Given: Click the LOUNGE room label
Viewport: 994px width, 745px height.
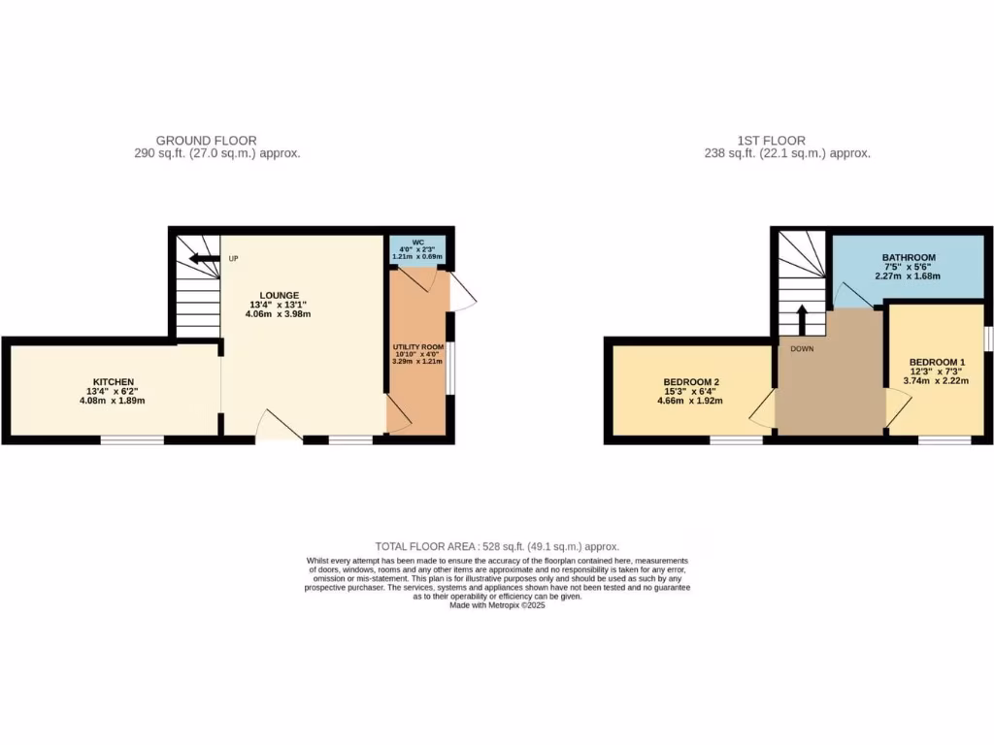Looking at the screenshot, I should point(279,295).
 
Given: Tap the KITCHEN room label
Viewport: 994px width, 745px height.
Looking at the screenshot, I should point(114,381).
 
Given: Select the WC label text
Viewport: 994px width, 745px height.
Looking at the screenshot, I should point(417,243).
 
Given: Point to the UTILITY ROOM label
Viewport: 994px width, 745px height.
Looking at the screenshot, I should point(418,346).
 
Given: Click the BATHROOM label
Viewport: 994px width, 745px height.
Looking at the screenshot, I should point(909,258).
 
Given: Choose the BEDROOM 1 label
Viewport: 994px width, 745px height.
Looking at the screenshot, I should point(937,362).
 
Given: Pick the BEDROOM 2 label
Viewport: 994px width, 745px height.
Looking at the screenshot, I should point(690,381).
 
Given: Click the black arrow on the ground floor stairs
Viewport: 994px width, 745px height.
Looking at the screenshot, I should point(204,259).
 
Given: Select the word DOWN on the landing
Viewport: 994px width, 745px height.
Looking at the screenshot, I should point(802,348).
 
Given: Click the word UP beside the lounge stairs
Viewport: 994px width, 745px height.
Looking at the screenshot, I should point(233,259).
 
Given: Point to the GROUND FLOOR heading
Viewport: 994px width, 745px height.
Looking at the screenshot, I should point(206,141).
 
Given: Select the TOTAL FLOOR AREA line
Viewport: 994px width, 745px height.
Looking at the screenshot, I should point(497,547).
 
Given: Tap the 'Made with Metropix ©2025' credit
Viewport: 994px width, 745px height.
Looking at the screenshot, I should point(497,605).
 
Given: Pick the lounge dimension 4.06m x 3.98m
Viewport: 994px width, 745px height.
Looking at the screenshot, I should point(279,314).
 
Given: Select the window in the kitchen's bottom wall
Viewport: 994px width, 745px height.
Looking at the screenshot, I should point(132,439).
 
